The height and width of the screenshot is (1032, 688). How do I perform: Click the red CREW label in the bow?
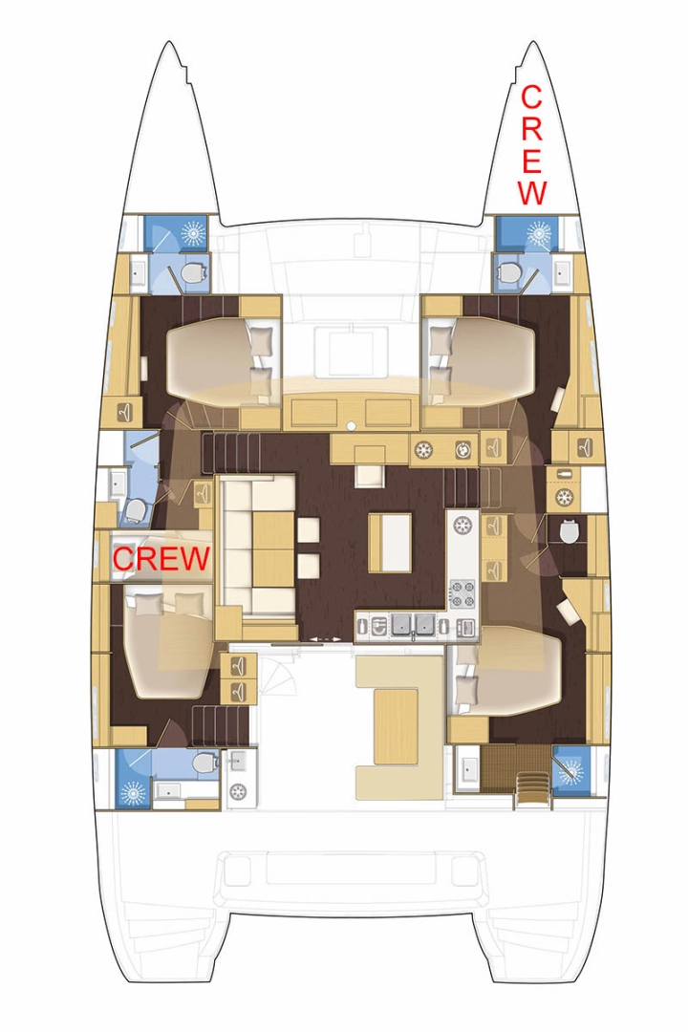(x=531, y=145)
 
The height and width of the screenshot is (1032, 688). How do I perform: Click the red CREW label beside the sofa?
(x=161, y=558)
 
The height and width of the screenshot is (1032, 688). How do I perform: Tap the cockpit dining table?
(x=396, y=725)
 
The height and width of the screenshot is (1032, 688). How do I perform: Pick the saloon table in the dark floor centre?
(x=390, y=542)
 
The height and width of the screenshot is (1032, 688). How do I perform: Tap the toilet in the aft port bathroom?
(x=204, y=763)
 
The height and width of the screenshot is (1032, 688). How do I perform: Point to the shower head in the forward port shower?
(x=192, y=233)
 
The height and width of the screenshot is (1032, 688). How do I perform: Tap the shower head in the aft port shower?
(x=133, y=792)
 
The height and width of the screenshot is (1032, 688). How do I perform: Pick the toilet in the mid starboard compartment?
(x=570, y=532)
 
